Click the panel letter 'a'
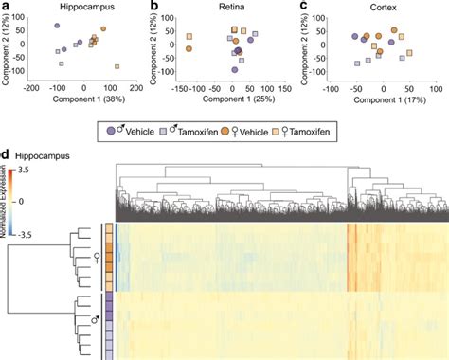[6, 7]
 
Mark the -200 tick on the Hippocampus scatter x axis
[32, 88]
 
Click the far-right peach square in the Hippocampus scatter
[117, 66]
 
